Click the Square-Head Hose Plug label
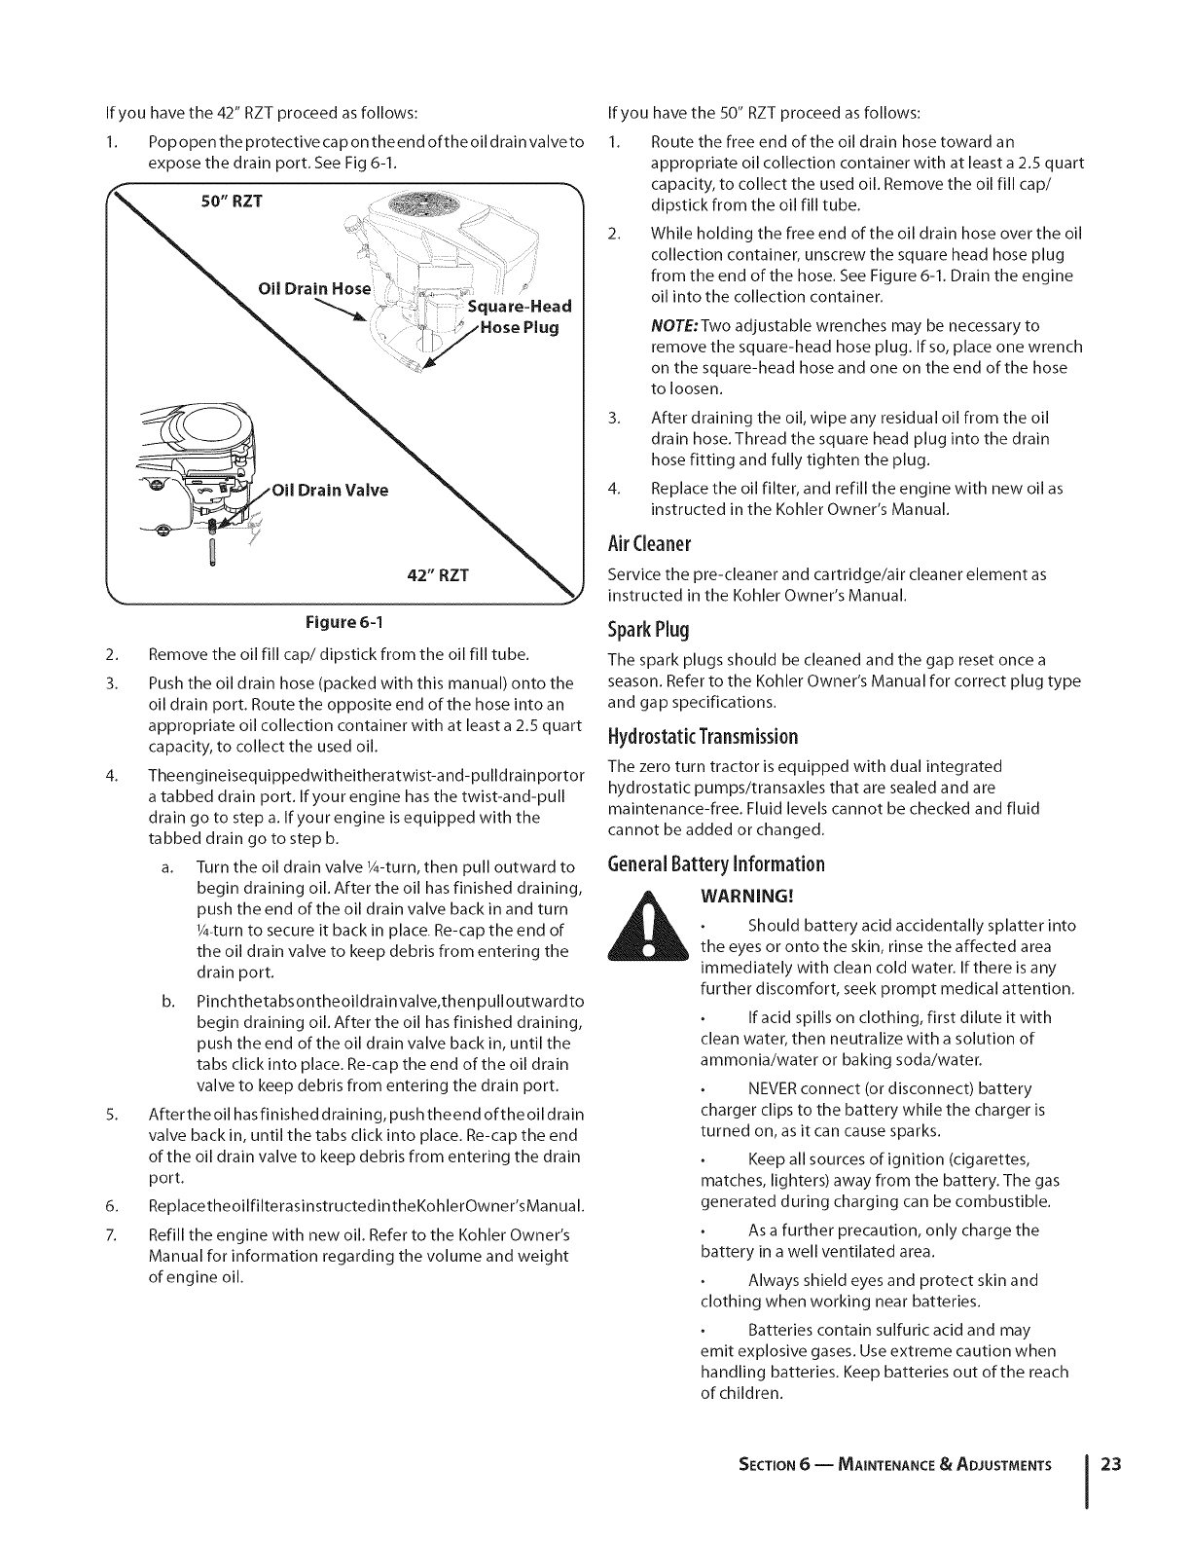click(x=517, y=316)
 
